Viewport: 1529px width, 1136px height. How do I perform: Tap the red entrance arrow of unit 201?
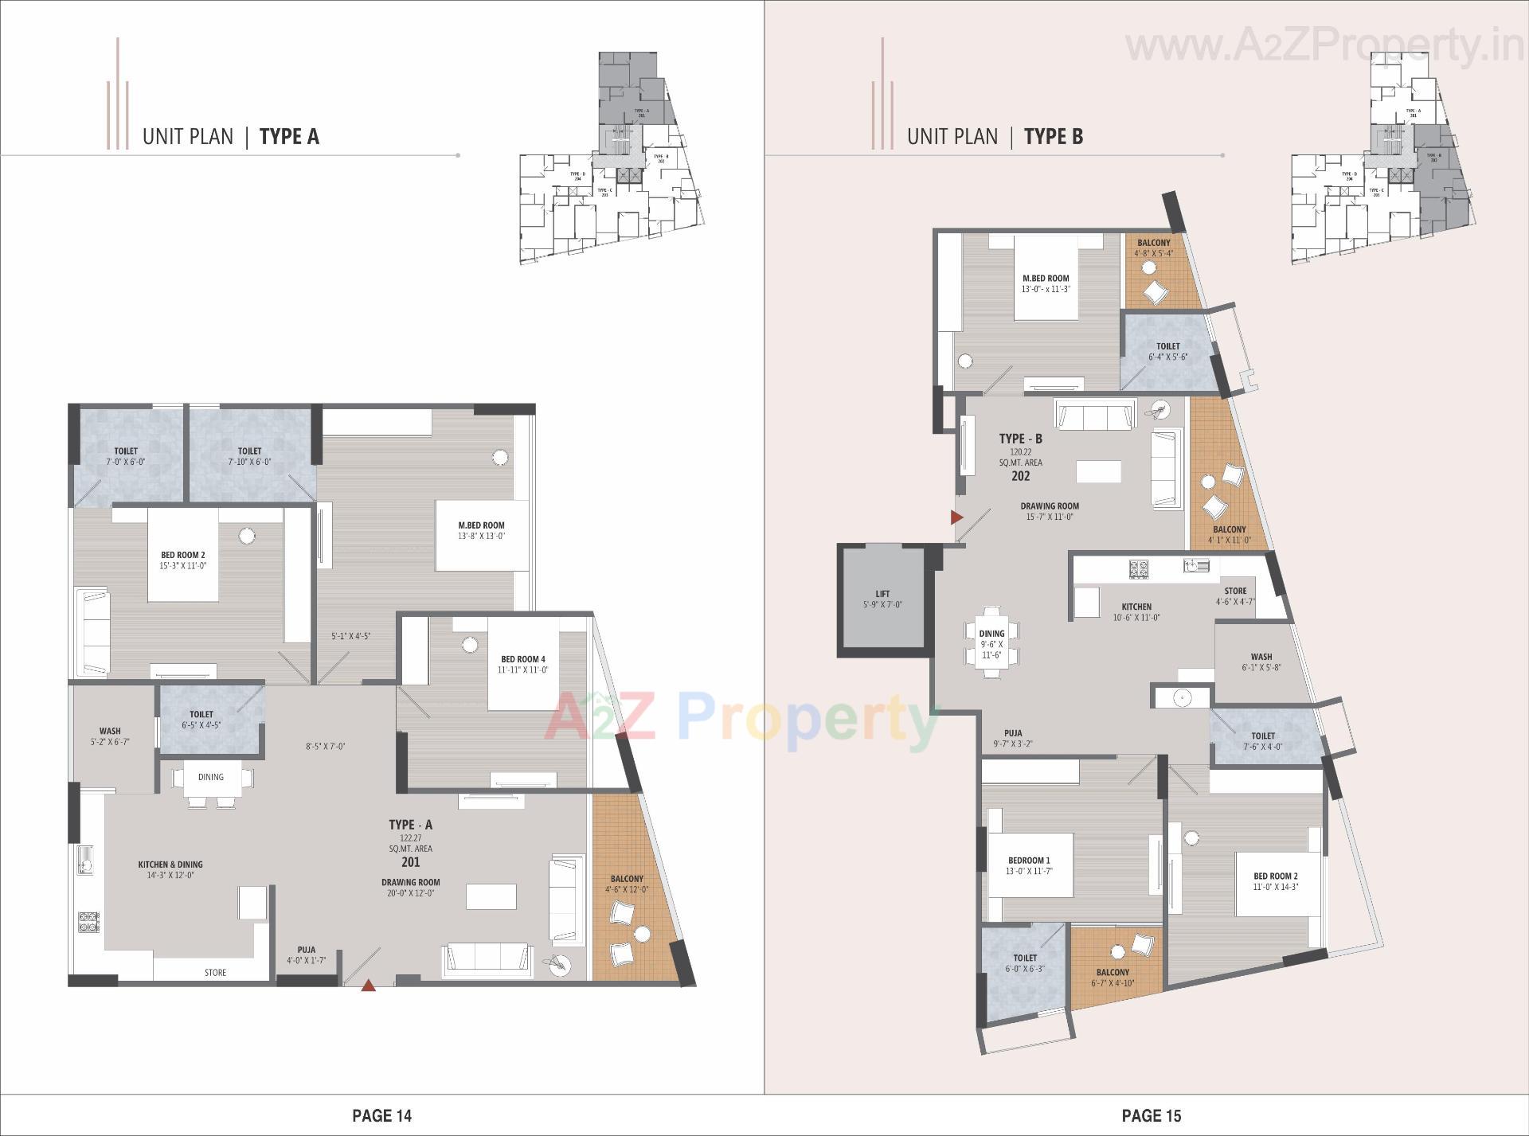(368, 986)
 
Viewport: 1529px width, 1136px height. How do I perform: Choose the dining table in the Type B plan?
(991, 642)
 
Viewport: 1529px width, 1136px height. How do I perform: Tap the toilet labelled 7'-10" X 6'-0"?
(249, 455)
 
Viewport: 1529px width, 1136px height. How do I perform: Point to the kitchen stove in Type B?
(1138, 568)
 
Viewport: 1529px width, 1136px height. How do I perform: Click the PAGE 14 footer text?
(382, 1115)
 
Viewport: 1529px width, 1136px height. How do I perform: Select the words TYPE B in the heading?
(1053, 137)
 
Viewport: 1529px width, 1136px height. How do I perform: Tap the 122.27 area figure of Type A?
(410, 837)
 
